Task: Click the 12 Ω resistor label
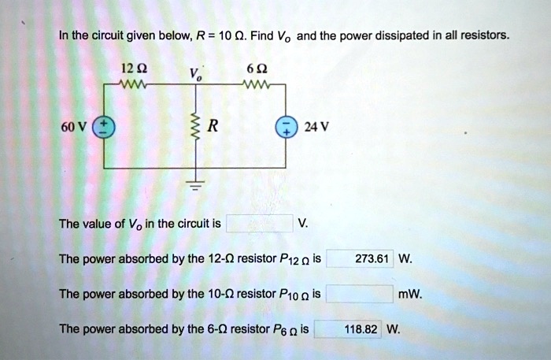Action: [127, 69]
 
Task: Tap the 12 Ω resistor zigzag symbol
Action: [128, 83]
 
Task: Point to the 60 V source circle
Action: [105, 126]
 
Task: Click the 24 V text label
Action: [312, 127]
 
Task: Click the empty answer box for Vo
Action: [260, 224]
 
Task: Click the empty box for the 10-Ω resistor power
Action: [359, 295]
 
